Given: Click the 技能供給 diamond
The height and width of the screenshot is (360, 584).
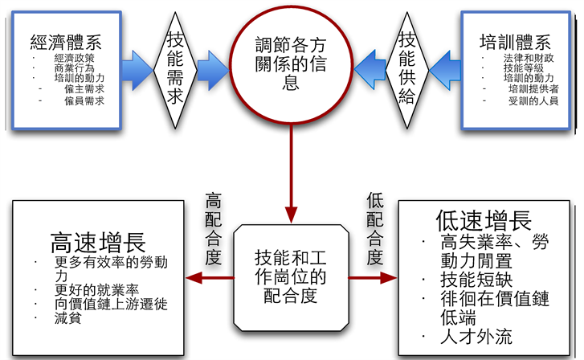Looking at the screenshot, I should point(406,67).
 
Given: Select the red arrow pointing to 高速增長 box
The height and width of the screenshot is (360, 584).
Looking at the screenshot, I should point(208,278).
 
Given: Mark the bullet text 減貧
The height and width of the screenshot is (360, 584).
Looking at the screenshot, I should point(66,318).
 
